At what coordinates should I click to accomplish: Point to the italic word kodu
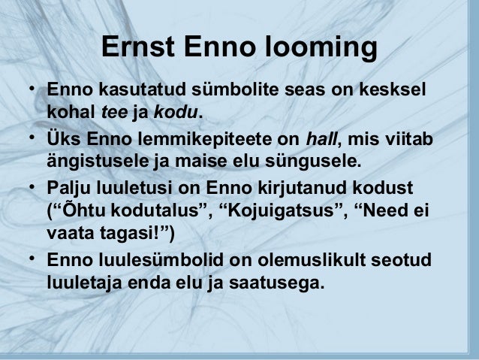(x=177, y=113)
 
